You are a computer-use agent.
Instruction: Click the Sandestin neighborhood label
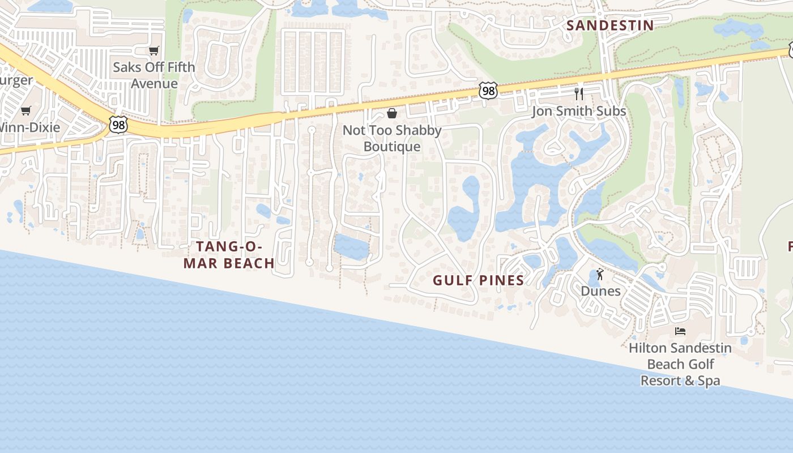tap(610, 25)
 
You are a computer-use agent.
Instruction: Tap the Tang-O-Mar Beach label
tap(229, 255)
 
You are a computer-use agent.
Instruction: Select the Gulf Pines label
tap(479, 280)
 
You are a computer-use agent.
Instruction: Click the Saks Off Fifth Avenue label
tap(154, 75)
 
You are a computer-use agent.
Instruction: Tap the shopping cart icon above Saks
tap(154, 51)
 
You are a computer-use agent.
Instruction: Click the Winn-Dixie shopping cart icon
tap(25, 110)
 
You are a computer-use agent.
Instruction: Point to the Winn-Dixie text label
tap(29, 127)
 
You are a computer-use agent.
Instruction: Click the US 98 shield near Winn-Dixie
tap(118, 125)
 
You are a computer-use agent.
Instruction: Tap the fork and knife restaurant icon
tap(578, 93)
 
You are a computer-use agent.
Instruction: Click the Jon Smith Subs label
tap(578, 111)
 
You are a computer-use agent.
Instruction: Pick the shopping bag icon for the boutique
tap(391, 113)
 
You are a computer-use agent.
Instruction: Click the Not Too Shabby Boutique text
tap(392, 138)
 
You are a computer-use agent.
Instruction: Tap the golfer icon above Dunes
tap(600, 275)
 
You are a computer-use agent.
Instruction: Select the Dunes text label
tap(600, 291)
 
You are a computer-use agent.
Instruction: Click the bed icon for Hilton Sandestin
tap(680, 331)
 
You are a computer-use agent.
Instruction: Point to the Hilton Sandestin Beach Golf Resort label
tap(680, 364)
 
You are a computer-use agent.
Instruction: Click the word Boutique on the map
tap(392, 147)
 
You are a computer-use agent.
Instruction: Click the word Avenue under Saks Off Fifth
tap(154, 84)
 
